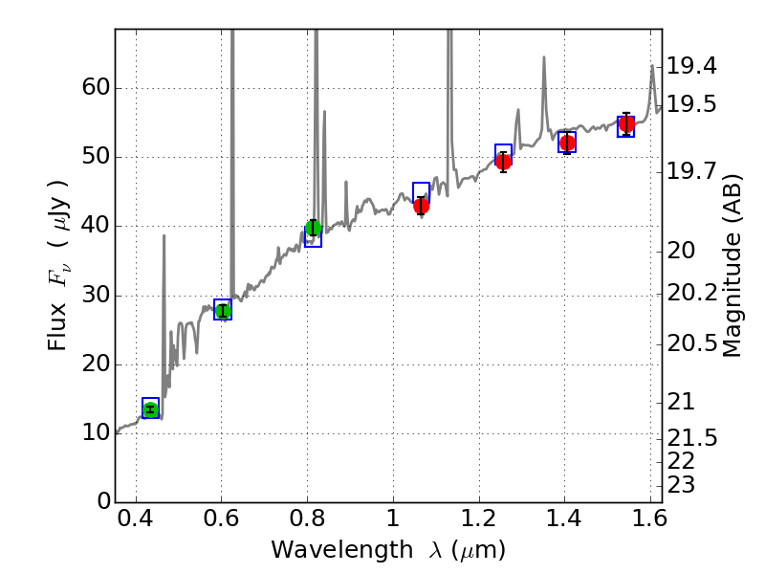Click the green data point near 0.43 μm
click(150, 409)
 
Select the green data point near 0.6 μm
click(223, 310)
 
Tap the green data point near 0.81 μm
click(313, 228)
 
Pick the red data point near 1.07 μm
click(421, 206)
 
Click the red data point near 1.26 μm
click(503, 161)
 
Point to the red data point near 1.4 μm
click(567, 143)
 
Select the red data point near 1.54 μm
click(626, 124)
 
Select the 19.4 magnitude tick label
click(690, 66)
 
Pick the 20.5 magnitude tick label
click(690, 342)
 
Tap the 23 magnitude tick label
click(681, 484)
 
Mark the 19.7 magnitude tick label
click(690, 171)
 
